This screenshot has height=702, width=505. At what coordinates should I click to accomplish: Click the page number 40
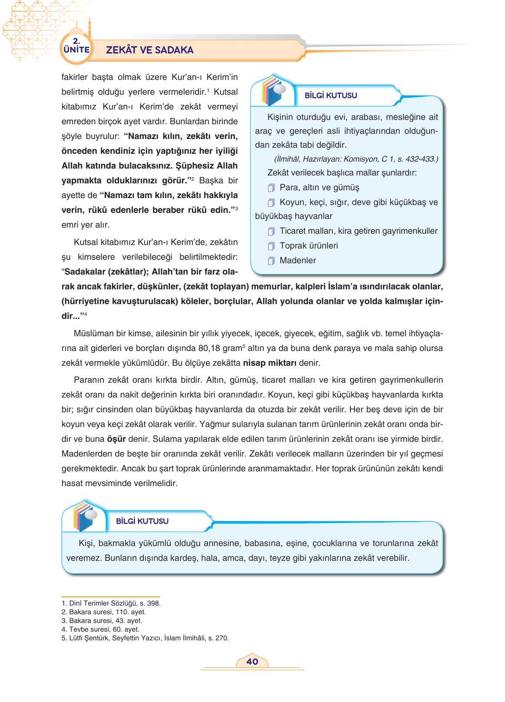tap(252, 662)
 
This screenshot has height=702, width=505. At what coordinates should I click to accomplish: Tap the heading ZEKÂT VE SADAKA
tap(150, 50)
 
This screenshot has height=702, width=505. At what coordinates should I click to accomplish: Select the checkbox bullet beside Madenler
tap(271, 261)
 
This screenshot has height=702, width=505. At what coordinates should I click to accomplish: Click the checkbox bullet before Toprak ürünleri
tap(271, 246)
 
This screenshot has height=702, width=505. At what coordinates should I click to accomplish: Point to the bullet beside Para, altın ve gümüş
tap(271, 188)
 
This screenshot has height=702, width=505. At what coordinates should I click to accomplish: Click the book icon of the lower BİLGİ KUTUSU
tap(84, 517)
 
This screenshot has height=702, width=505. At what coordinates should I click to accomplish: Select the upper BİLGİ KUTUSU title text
tap(331, 96)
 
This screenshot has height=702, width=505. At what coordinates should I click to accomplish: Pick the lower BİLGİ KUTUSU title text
tap(142, 521)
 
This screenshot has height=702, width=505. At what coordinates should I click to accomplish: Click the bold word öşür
tap(116, 439)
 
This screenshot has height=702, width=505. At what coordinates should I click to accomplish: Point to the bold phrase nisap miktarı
tap(270, 363)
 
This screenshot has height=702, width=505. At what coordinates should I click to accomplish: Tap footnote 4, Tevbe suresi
tap(100, 629)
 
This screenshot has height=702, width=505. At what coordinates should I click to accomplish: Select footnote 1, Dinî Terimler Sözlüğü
tap(111, 603)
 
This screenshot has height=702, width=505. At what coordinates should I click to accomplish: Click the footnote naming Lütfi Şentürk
tap(145, 638)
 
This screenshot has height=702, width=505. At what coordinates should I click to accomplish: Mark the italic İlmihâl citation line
tap(356, 159)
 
